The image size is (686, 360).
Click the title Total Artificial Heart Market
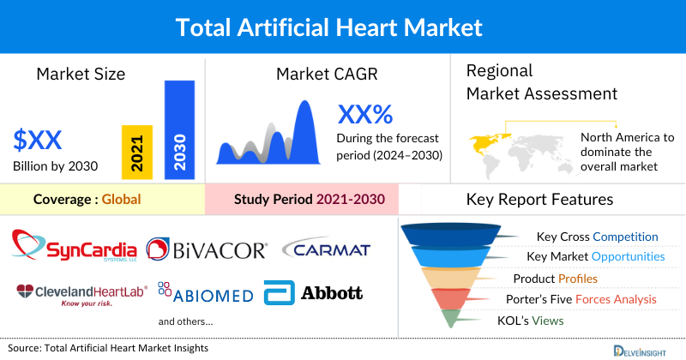click(343, 27)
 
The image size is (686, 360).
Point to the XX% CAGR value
click(365, 115)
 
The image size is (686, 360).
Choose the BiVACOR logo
click(208, 249)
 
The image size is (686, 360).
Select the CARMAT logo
click(326, 249)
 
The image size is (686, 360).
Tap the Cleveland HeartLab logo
click(81, 294)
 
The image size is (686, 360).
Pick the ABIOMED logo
click(206, 293)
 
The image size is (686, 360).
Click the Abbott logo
click(314, 292)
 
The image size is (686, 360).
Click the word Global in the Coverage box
click(121, 200)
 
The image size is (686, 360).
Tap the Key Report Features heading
click(539, 200)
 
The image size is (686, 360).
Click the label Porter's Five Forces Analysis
click(585, 299)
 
